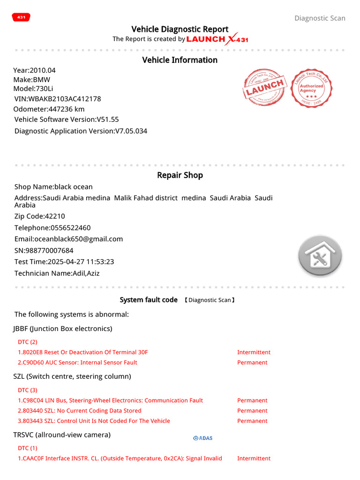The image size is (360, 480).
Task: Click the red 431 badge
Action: point(21,17)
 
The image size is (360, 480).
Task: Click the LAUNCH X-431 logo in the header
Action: point(217,39)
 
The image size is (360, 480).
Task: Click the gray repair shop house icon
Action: point(320,256)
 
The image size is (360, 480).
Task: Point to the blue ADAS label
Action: point(202,438)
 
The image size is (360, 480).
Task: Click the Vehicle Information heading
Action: point(180,60)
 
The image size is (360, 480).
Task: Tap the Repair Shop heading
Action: point(180,175)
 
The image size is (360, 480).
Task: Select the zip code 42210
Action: point(55,217)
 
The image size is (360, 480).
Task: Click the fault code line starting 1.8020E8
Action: point(82,352)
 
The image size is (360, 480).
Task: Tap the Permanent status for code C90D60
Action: point(252,363)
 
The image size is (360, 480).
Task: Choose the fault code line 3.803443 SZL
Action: point(94,421)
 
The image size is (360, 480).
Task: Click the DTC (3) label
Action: point(28,390)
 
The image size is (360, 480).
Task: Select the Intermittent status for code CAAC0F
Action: point(254,458)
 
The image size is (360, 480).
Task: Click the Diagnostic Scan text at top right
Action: point(320,18)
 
